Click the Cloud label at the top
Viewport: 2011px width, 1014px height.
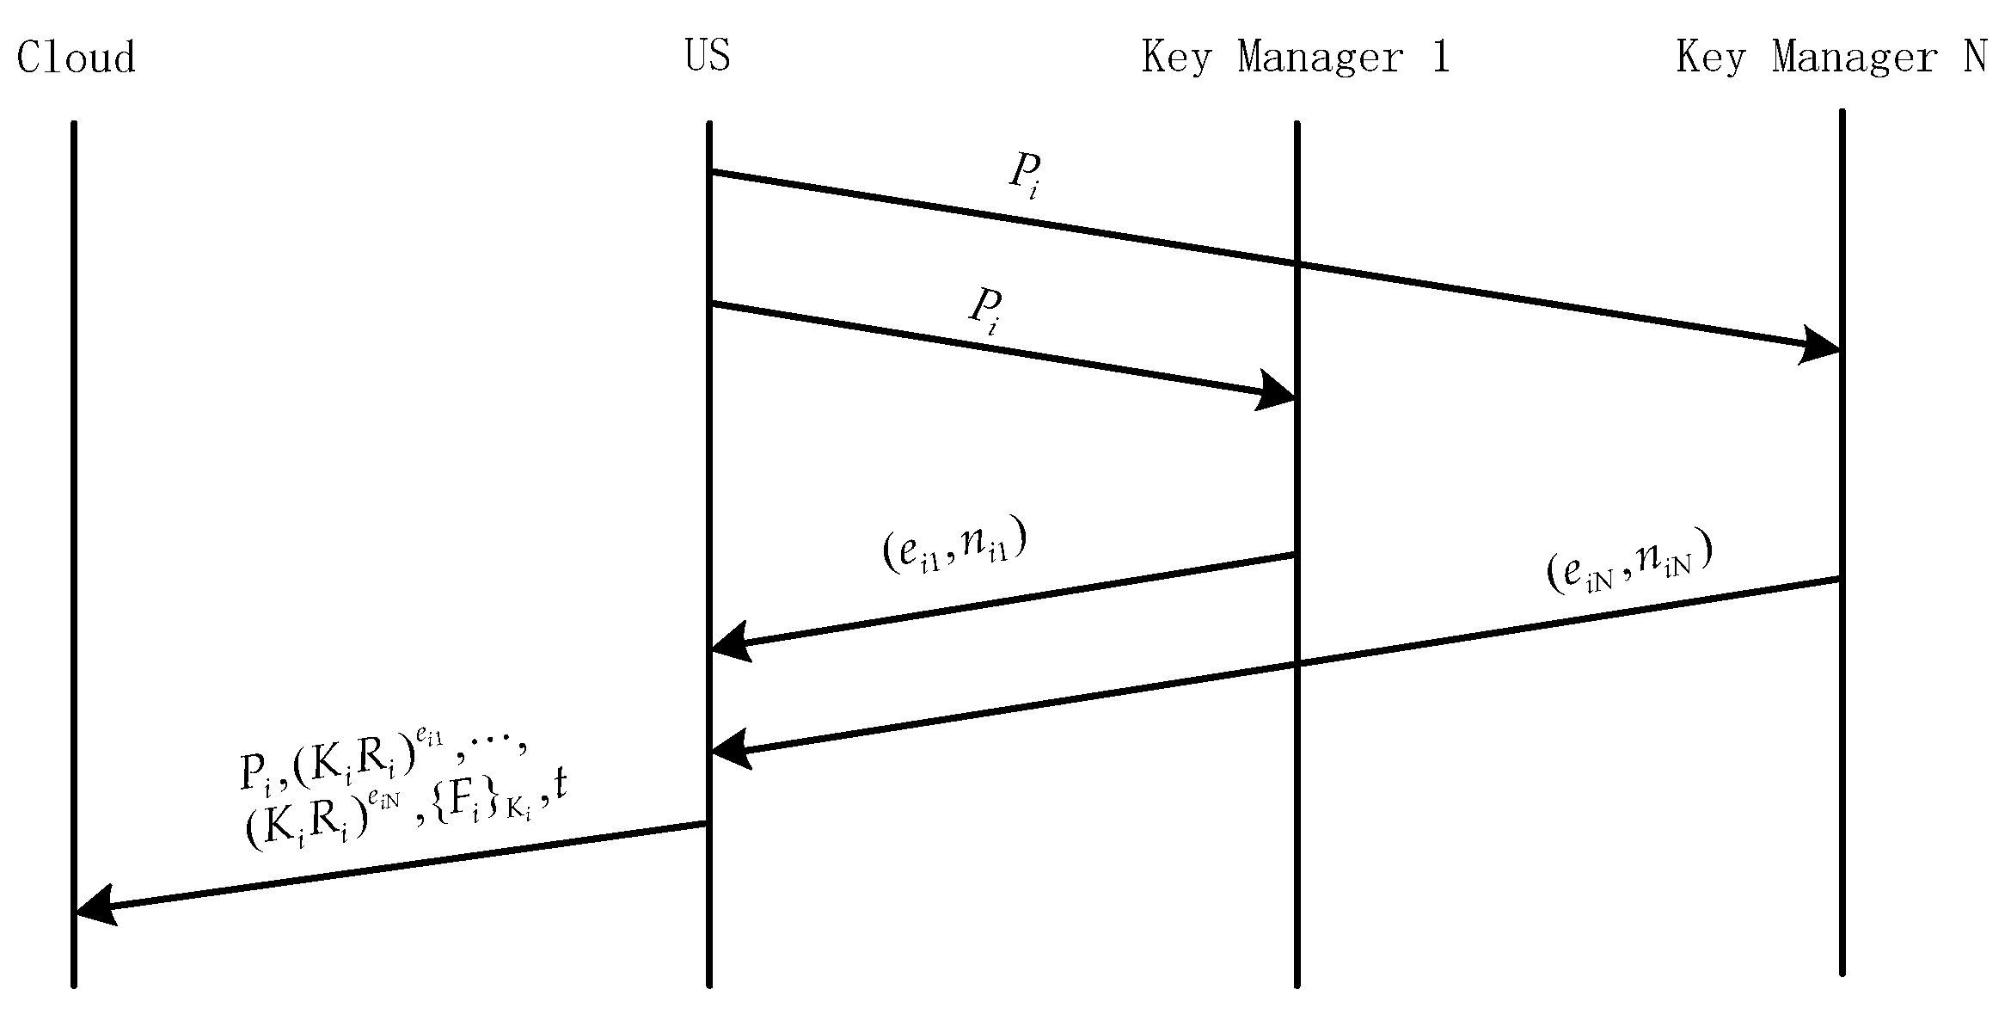point(76,58)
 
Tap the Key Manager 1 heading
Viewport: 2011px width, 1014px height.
point(1295,58)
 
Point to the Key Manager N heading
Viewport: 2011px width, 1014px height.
point(1831,58)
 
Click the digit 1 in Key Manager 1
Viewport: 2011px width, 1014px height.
point(1441,58)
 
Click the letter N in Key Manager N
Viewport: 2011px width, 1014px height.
point(1976,58)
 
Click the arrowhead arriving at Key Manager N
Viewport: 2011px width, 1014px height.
point(1821,346)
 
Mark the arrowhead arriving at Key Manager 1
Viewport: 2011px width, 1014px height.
point(1277,391)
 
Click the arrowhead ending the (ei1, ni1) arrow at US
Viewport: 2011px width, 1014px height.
point(729,642)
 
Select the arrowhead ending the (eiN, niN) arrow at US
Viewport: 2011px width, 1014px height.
point(729,751)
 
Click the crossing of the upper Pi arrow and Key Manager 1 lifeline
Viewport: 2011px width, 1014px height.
point(1297,265)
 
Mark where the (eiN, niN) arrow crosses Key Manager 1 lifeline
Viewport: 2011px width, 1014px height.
point(1297,663)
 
